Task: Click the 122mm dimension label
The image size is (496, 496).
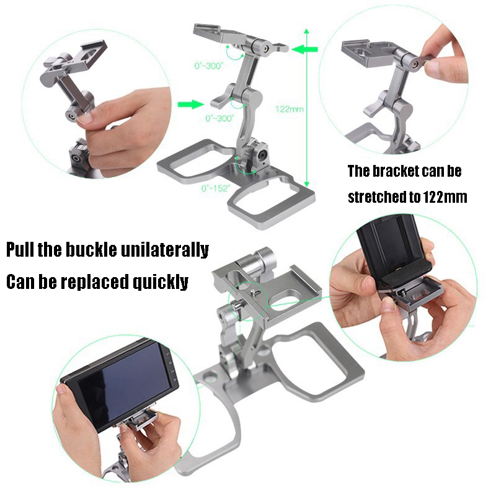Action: coord(289,109)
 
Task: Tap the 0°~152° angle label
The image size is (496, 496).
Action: coord(216,188)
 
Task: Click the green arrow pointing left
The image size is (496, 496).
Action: coord(304,49)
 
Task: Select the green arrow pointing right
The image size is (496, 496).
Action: coord(191,104)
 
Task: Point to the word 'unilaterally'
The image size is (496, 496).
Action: coord(165,249)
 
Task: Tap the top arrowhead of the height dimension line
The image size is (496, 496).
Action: coord(306,32)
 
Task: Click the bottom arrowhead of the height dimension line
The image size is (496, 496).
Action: coord(306,184)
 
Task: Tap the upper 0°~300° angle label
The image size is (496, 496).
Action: coord(209,66)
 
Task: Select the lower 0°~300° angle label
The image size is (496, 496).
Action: coord(220,118)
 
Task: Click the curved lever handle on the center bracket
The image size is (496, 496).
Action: coord(222,97)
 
